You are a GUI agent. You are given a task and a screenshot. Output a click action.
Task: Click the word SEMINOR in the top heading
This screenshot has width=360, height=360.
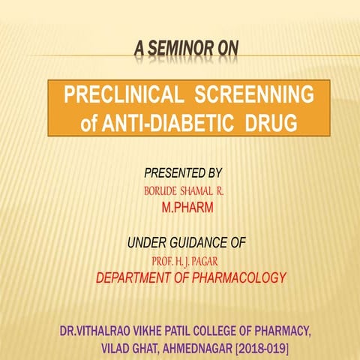tap(179, 50)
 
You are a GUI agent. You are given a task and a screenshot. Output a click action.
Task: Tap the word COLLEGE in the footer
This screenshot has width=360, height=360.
tap(204, 332)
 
